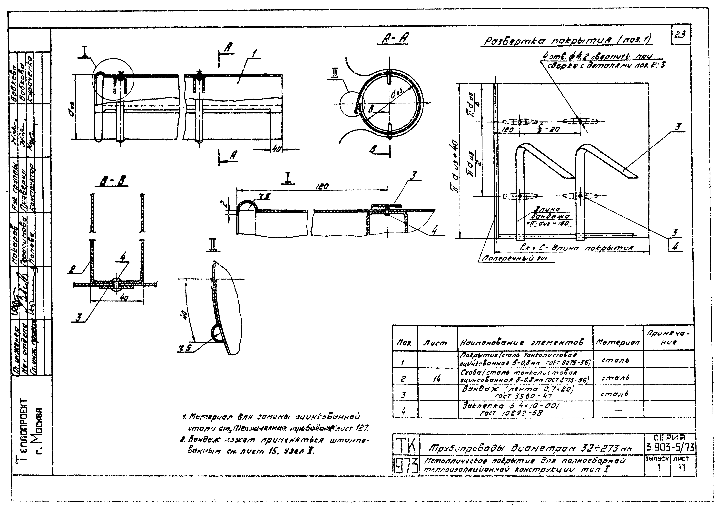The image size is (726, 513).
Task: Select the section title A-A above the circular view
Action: pyautogui.click(x=395, y=39)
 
